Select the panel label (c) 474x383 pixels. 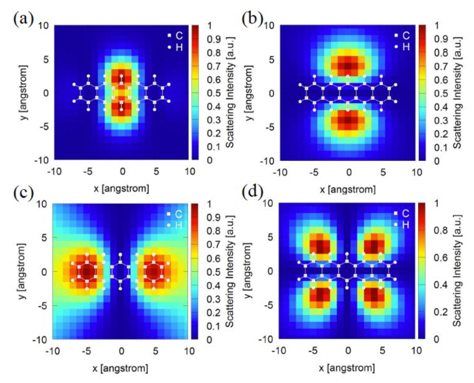(24, 193)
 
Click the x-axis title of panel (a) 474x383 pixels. (121, 188)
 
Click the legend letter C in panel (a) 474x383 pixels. (179, 35)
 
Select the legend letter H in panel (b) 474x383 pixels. (406, 47)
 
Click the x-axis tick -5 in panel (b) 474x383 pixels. (314, 172)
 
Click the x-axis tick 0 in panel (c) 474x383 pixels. (121, 350)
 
